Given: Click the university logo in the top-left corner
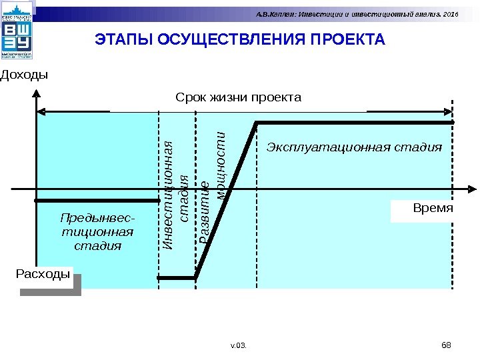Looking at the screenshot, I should point(17,33).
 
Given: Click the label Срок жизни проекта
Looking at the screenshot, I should point(238,97).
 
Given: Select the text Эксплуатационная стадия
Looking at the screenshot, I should point(354,147).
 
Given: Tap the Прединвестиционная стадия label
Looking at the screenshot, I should point(97,231).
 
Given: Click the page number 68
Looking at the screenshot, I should point(447,344).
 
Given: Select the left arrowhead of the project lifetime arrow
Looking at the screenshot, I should point(40,111).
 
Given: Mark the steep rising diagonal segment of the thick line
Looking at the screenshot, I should point(225,200).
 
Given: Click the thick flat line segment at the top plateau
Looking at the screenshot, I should point(353,123).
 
